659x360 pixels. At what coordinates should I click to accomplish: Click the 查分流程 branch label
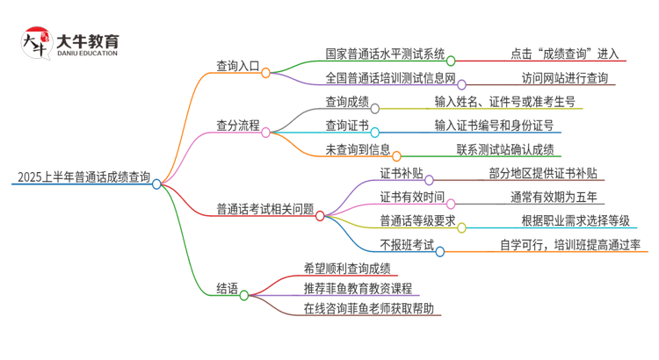click(237, 126)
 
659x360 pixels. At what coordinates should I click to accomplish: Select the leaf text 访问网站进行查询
click(564, 78)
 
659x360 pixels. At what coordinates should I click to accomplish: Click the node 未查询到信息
click(337, 149)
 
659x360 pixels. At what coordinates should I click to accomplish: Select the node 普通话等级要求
click(416, 220)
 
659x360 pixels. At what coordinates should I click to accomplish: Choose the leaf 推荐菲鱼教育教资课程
click(358, 288)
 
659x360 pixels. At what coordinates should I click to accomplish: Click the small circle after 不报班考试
click(440, 250)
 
